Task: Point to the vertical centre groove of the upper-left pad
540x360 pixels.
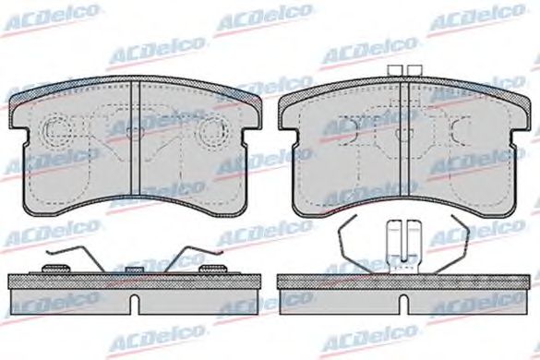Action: [x=136, y=138]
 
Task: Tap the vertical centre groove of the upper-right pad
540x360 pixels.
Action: [x=403, y=140]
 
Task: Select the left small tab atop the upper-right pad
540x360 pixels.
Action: [x=395, y=70]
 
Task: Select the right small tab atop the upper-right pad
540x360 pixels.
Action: [x=414, y=70]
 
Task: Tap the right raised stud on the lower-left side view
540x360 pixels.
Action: [x=214, y=269]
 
